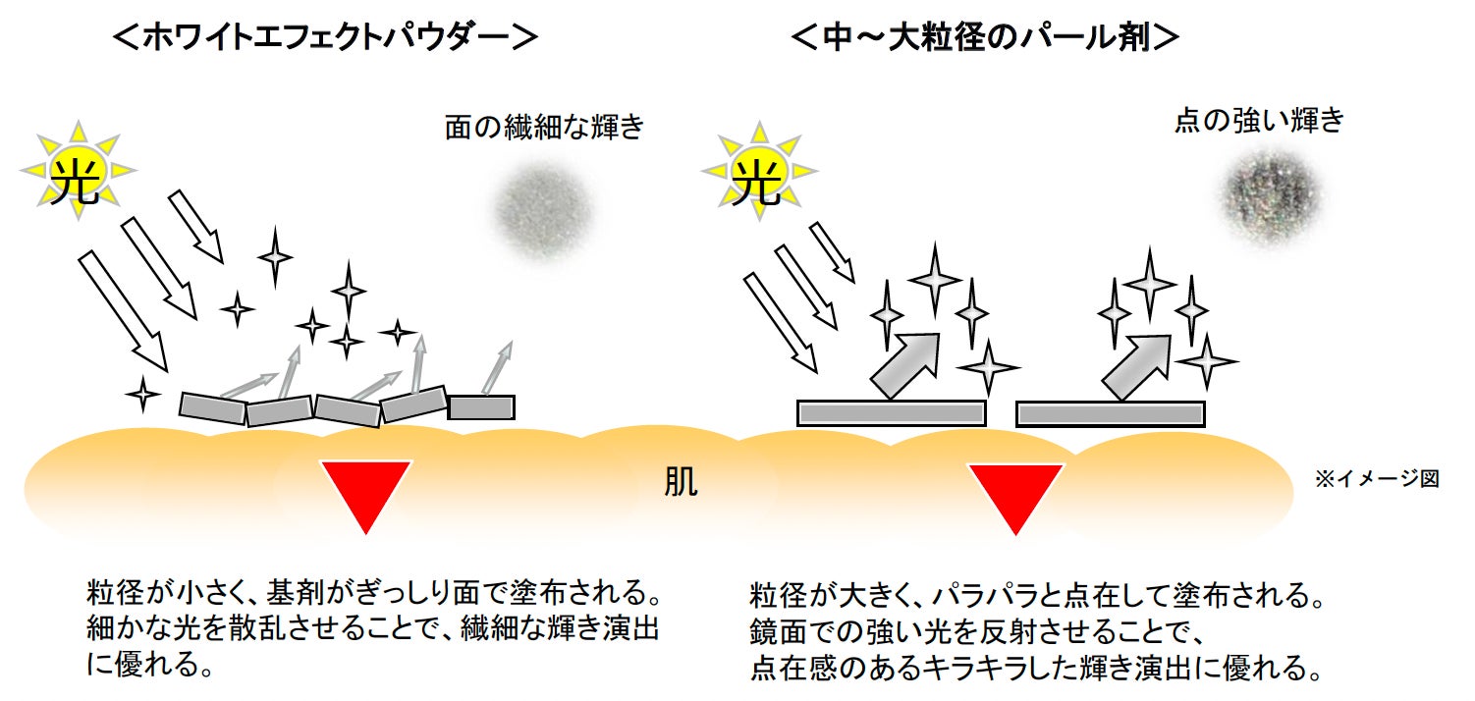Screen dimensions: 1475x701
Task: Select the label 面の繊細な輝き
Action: [543, 128]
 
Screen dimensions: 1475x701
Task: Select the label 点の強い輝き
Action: [1258, 122]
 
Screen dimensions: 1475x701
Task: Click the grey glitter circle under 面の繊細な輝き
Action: [544, 213]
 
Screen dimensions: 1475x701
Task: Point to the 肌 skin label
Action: [681, 484]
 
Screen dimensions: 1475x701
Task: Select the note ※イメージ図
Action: [1377, 479]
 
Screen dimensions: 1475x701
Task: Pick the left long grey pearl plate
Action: [891, 413]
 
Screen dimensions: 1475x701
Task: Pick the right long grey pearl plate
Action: [1110, 413]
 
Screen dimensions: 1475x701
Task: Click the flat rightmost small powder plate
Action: [481, 406]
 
